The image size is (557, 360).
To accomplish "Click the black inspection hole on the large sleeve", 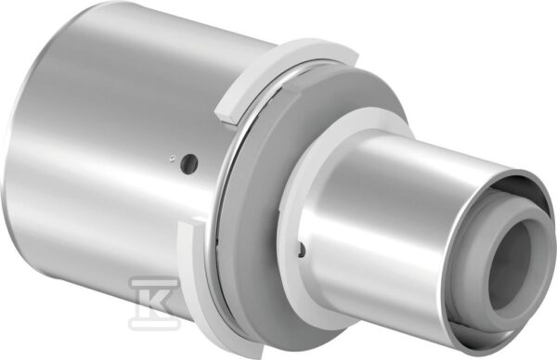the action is coord(189,163).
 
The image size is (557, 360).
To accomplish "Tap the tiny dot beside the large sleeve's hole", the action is coord(172,159).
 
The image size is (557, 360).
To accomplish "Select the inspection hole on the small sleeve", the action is coord(302,250).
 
